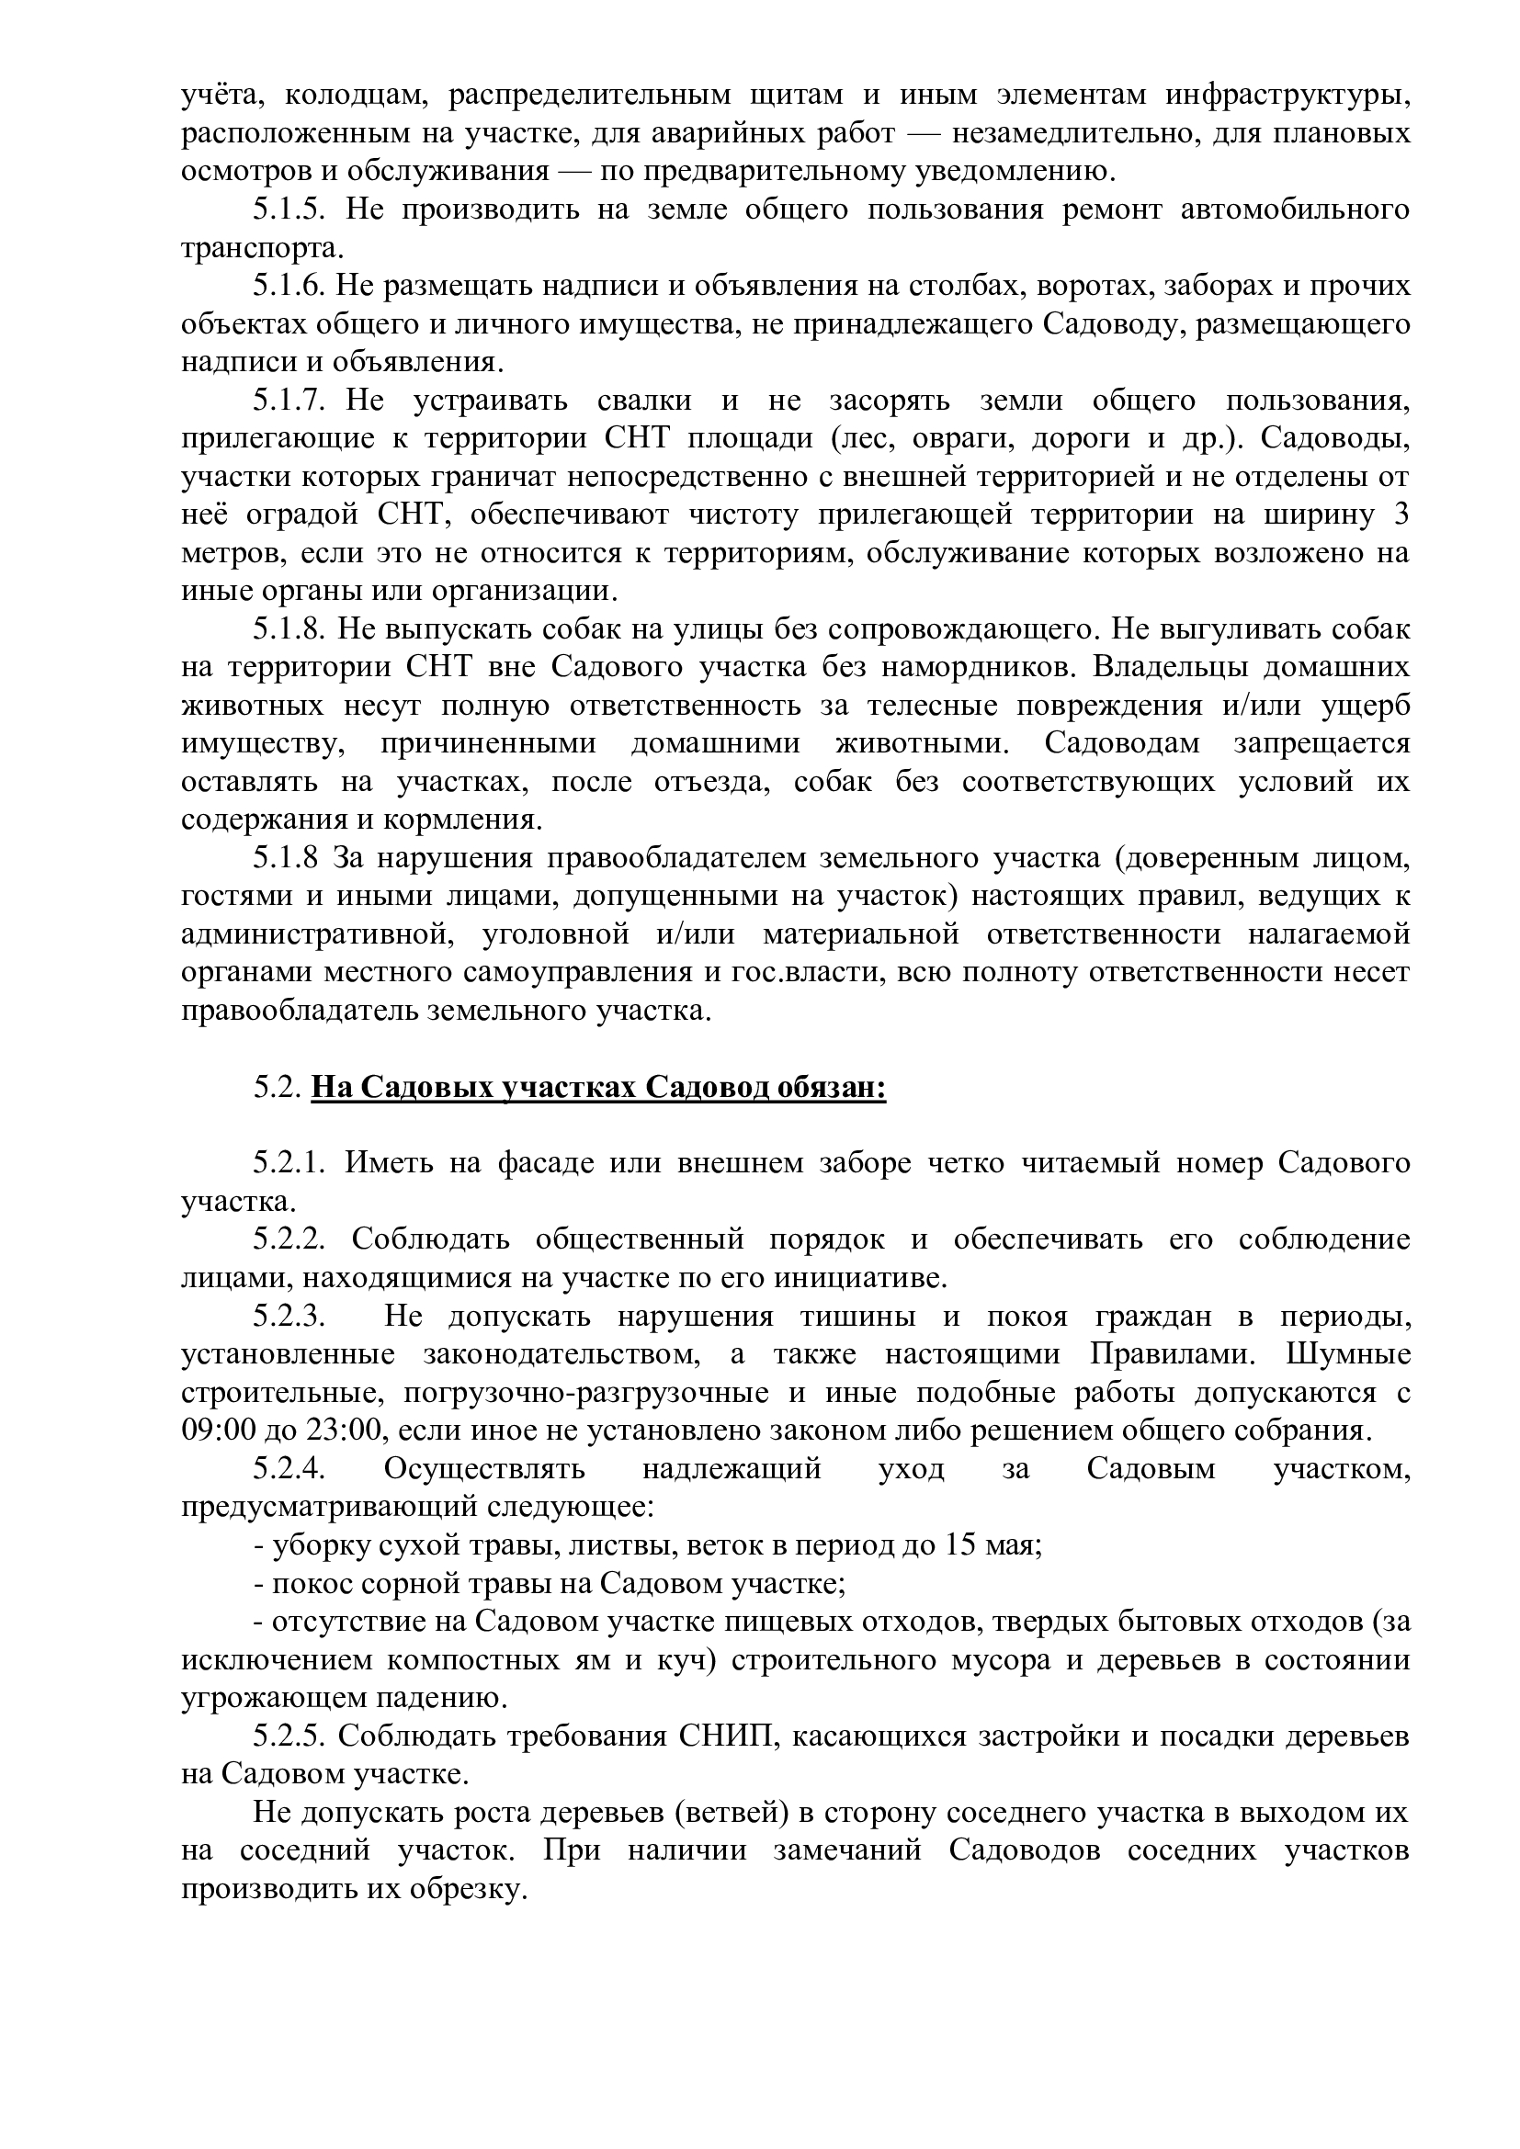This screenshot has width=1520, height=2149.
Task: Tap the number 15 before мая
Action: pos(960,1544)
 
